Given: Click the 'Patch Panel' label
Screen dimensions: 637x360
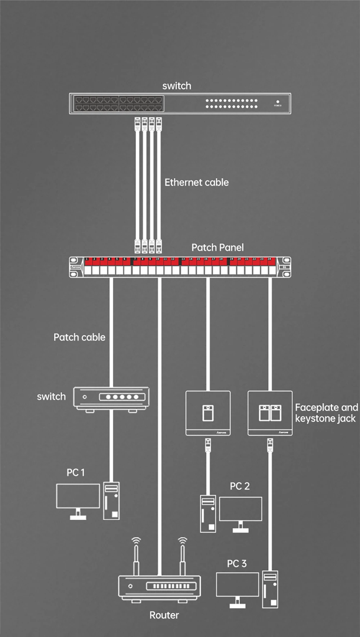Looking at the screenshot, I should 217,247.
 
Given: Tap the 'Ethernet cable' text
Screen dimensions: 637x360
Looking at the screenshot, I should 197,182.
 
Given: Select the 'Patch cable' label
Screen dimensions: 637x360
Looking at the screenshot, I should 80,337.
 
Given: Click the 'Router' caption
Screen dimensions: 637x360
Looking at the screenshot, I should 164,615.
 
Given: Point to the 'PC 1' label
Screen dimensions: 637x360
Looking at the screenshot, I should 76,473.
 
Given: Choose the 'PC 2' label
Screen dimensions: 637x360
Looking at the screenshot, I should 240,486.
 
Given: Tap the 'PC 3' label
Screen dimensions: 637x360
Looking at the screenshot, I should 237,564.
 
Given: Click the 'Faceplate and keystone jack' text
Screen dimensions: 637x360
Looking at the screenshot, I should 327,413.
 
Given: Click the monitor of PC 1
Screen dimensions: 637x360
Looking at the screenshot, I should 78,496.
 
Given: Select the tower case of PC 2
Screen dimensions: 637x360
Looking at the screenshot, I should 208,514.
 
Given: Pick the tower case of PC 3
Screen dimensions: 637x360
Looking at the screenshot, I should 270,589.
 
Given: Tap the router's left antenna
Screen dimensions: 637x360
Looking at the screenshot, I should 136,558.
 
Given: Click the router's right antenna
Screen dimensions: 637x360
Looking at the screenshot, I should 183,558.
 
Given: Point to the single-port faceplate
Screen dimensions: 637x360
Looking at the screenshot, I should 208,413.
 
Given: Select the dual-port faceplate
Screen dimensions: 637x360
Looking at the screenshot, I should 270,413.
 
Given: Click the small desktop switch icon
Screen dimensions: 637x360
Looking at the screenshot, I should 111,398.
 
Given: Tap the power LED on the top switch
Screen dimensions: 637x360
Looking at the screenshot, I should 278,102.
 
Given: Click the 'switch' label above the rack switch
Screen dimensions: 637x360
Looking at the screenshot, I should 177,86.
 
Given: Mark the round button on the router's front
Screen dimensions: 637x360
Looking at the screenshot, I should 130,586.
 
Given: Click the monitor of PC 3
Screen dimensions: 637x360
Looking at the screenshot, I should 238,584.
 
